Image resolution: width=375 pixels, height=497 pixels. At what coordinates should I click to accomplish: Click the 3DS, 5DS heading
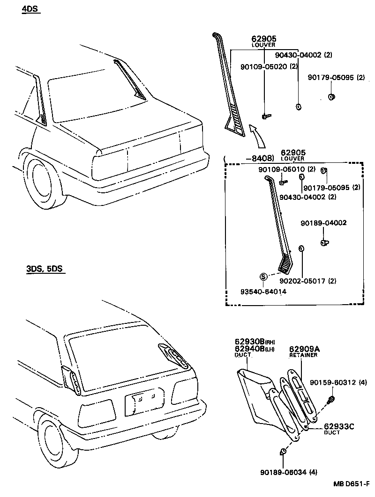click(45, 269)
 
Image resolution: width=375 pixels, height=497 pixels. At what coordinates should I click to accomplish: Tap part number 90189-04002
click(324, 223)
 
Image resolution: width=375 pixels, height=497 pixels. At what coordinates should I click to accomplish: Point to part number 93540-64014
click(263, 291)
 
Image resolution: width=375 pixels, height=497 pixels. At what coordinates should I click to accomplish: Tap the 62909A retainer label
click(304, 349)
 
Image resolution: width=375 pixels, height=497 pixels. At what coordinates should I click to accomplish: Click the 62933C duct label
click(339, 426)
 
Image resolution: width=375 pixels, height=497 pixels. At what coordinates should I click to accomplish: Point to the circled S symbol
click(263, 277)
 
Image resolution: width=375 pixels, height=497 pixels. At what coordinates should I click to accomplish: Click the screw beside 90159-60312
click(331, 399)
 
